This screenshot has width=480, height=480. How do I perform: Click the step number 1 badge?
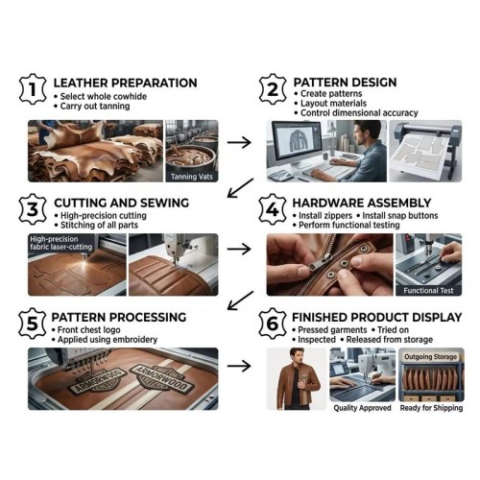[33, 89]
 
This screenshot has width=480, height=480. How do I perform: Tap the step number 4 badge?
[273, 209]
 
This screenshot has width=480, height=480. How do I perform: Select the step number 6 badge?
[273, 324]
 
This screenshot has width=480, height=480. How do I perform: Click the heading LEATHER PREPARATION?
[125, 83]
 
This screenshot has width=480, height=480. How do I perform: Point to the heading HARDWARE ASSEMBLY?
[362, 203]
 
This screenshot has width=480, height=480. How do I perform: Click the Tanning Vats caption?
[192, 177]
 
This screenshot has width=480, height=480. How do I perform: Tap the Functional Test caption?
[428, 291]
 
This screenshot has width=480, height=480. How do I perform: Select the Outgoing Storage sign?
[430, 357]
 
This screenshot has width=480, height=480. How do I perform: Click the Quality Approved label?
[362, 408]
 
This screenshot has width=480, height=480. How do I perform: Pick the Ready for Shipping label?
[431, 408]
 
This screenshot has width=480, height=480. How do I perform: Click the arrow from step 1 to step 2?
[239, 142]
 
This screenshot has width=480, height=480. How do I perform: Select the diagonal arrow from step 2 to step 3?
[240, 188]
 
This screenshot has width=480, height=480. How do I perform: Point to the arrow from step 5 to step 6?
[239, 366]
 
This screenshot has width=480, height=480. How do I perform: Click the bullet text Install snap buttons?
[400, 216]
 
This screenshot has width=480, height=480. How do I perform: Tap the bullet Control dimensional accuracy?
[359, 113]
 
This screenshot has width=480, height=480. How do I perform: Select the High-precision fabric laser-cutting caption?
[60, 243]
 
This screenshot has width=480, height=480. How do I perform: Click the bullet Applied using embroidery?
[108, 340]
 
